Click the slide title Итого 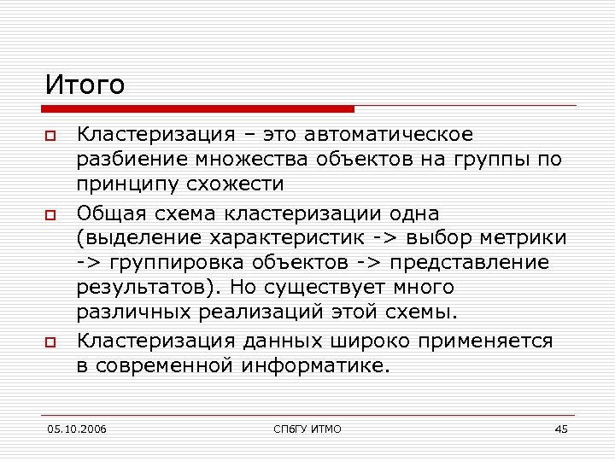click(x=85, y=85)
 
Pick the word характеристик click(x=302, y=236)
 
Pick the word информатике click(x=316, y=366)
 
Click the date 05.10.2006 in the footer click(x=77, y=428)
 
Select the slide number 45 click(x=560, y=428)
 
